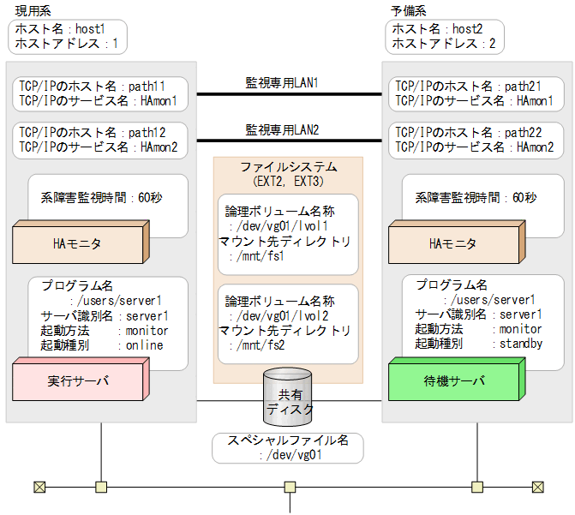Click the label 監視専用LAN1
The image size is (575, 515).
click(x=282, y=83)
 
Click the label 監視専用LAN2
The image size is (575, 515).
click(x=282, y=130)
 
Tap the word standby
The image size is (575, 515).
click(x=521, y=344)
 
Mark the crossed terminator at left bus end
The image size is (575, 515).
click(x=39, y=488)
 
